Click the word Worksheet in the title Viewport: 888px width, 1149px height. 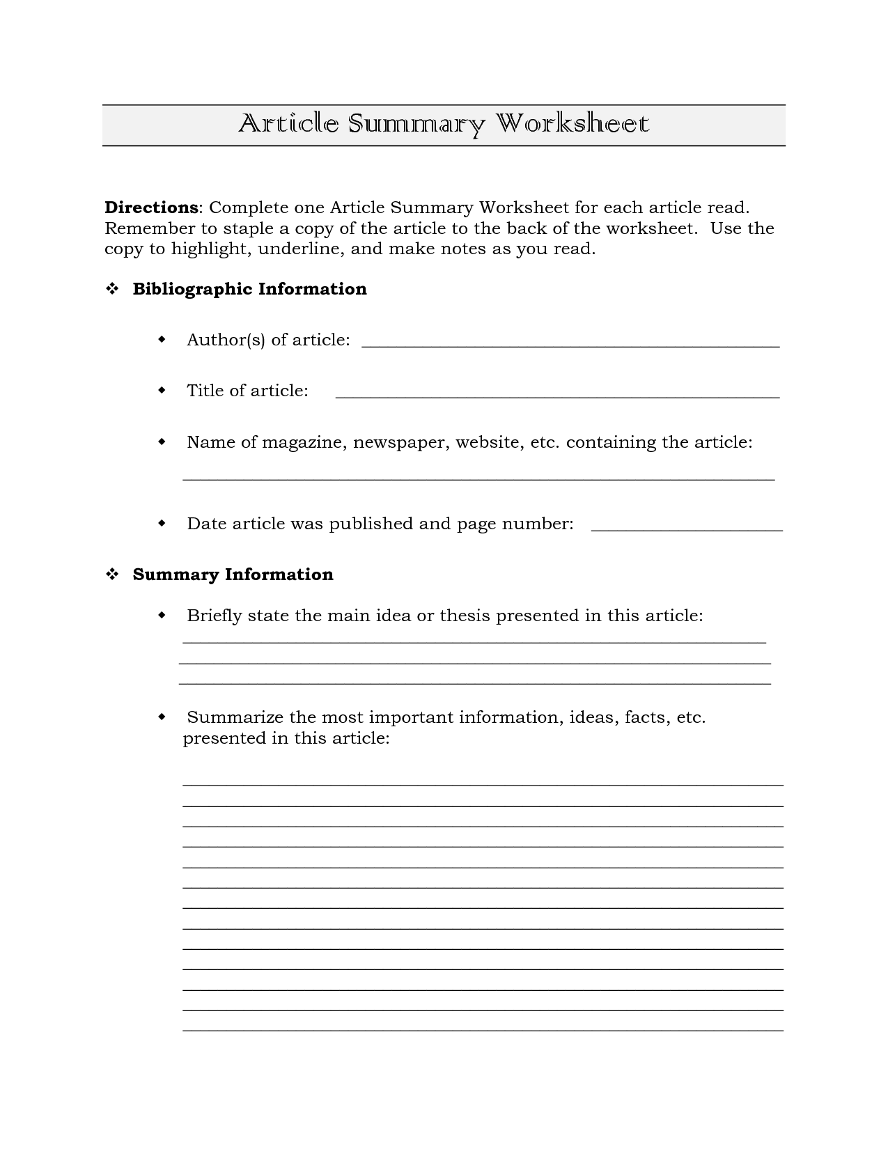coord(572,124)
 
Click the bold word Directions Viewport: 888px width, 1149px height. coord(151,208)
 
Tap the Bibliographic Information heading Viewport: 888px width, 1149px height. coord(249,289)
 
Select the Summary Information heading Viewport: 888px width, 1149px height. coord(233,574)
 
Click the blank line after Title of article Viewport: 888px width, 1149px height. coord(557,395)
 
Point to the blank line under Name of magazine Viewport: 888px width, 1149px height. coord(478,478)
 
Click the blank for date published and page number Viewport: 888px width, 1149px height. coord(687,529)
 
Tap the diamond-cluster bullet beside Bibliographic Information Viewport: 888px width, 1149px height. coord(111,290)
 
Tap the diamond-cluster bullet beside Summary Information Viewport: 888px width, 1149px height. coord(111,575)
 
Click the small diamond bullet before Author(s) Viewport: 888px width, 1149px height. coord(162,340)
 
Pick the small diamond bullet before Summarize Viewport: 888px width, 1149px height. coord(162,717)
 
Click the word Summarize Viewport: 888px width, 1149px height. coord(235,717)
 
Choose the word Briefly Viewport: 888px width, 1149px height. coord(214,616)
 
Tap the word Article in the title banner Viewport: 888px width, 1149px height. coord(288,124)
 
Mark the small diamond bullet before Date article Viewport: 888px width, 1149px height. coord(162,523)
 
